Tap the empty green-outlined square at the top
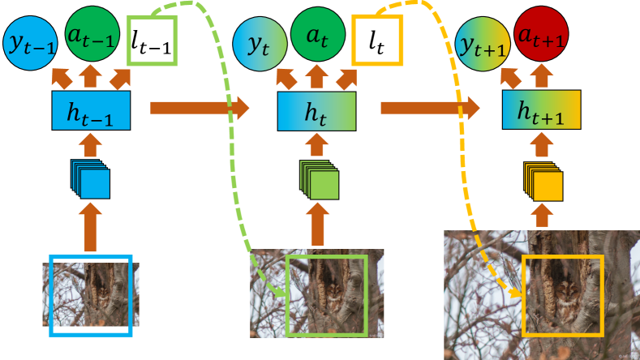pyautogui.click(x=152, y=41)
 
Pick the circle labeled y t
pyautogui.click(x=258, y=42)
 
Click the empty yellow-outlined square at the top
pyautogui.click(x=377, y=41)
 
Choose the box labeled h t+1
pyautogui.click(x=542, y=109)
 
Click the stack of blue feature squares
pyautogui.click(x=91, y=179)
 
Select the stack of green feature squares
pyautogui.click(x=319, y=180)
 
